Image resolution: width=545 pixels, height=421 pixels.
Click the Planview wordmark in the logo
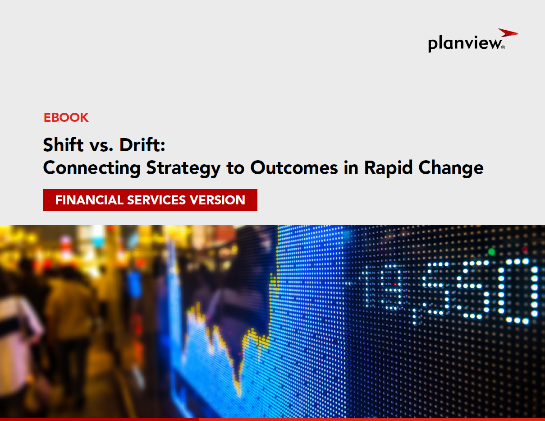point(465,44)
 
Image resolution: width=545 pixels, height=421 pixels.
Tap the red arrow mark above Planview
point(508,33)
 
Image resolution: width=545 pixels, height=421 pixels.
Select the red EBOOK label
point(66,118)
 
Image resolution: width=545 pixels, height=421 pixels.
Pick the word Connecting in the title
point(92,168)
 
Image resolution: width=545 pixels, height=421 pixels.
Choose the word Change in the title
point(451,168)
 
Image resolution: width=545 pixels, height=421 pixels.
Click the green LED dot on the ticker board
point(491,251)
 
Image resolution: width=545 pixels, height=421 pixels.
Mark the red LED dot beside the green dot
point(524,249)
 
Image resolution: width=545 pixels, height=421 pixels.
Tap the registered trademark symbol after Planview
point(503,47)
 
